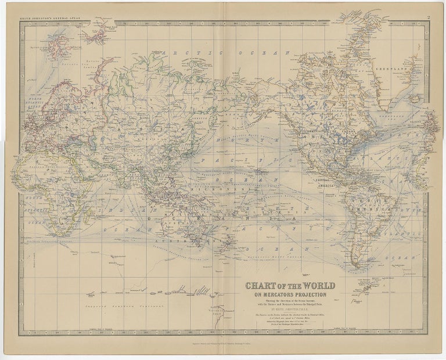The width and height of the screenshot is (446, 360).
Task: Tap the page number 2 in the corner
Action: click(x=427, y=19)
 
